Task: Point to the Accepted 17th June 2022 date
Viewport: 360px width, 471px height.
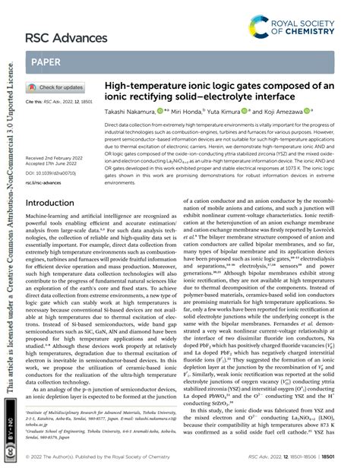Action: (x=54, y=163)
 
